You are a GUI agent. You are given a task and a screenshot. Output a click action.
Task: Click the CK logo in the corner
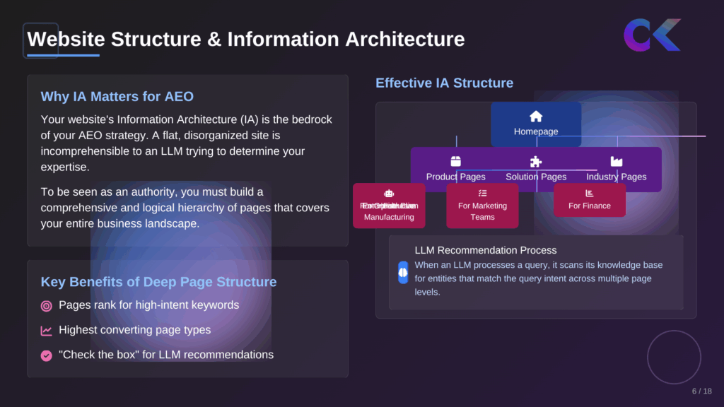pyautogui.click(x=651, y=35)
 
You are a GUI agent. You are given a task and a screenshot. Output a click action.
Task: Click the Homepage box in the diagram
pyautogui.click(x=536, y=124)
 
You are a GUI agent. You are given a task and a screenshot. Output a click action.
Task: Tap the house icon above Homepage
pyautogui.click(x=536, y=117)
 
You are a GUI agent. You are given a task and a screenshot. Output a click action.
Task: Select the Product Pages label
pyautogui.click(x=455, y=177)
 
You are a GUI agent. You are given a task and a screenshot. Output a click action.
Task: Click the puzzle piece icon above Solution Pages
pyautogui.click(x=536, y=162)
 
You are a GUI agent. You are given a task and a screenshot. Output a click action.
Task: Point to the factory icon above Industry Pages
pyautogui.click(x=617, y=162)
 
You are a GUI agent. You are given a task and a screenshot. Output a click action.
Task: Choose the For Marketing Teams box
pyautogui.click(x=482, y=206)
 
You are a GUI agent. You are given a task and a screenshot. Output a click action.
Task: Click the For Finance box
pyautogui.click(x=590, y=201)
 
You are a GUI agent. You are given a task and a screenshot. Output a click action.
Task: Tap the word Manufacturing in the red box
pyautogui.click(x=389, y=217)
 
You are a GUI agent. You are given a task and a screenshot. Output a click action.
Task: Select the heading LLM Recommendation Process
pyautogui.click(x=485, y=250)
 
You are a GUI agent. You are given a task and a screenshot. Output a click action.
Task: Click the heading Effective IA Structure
pyautogui.click(x=444, y=83)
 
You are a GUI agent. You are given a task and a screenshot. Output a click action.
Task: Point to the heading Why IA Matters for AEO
pyautogui.click(x=117, y=97)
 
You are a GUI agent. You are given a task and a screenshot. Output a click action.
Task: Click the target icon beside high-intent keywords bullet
pyautogui.click(x=47, y=306)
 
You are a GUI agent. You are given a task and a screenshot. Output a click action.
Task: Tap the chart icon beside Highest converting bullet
pyautogui.click(x=47, y=331)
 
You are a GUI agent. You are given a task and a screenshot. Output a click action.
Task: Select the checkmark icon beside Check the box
pyautogui.click(x=47, y=355)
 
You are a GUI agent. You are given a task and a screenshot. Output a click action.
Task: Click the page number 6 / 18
pyautogui.click(x=701, y=391)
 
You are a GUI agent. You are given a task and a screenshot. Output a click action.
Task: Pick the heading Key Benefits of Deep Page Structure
pyautogui.click(x=158, y=282)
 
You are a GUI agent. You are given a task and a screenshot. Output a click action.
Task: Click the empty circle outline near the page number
pyautogui.click(x=674, y=357)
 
